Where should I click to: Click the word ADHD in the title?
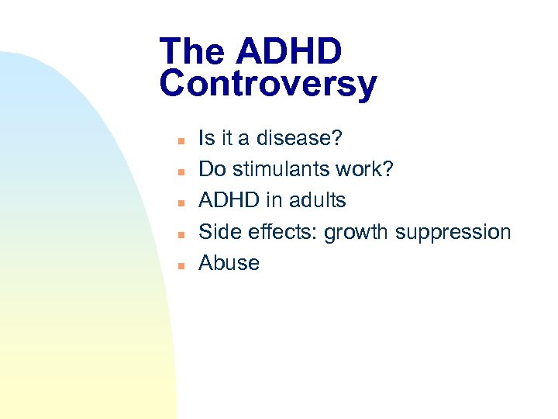[x=289, y=52]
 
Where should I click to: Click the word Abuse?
[x=229, y=262]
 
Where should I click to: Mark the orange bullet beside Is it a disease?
[x=178, y=140]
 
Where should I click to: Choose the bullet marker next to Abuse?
[x=178, y=265]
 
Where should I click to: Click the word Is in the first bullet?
[x=206, y=138]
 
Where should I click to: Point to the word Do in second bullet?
[x=212, y=169]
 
